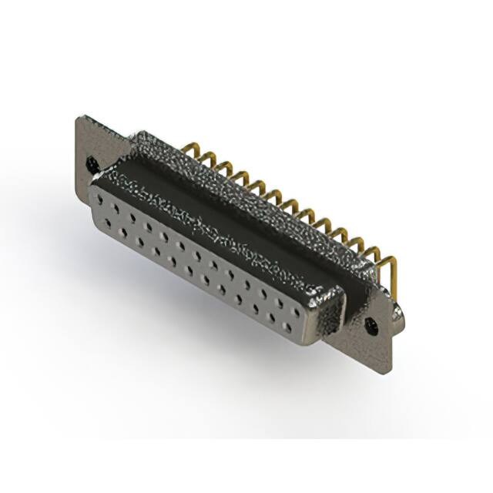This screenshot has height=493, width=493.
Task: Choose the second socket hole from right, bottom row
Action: click(x=275, y=318)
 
